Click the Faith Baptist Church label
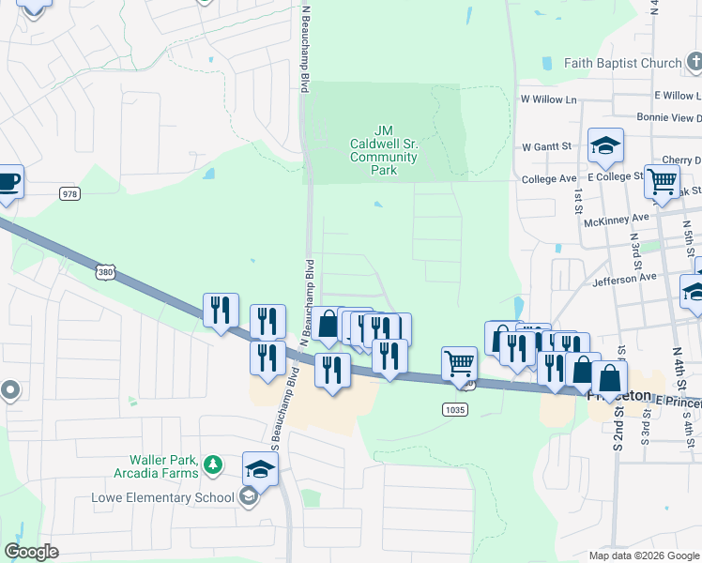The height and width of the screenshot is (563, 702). (622, 63)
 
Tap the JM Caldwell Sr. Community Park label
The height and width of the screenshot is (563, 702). (383, 150)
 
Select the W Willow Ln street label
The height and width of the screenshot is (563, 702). (549, 99)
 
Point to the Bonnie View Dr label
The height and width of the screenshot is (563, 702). (669, 117)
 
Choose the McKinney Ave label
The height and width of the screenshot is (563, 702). (616, 218)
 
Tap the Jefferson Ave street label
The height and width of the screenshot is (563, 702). (624, 279)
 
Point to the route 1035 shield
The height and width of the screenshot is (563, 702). (454, 409)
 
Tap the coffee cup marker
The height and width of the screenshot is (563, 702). (8, 180)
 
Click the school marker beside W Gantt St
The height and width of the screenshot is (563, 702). (605, 146)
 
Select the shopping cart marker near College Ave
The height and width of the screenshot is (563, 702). (663, 182)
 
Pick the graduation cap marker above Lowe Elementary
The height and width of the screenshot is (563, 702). (260, 468)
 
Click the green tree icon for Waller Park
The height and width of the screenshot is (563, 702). (214, 464)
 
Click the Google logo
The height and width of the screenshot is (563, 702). (32, 552)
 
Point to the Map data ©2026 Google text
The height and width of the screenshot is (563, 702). (643, 555)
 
